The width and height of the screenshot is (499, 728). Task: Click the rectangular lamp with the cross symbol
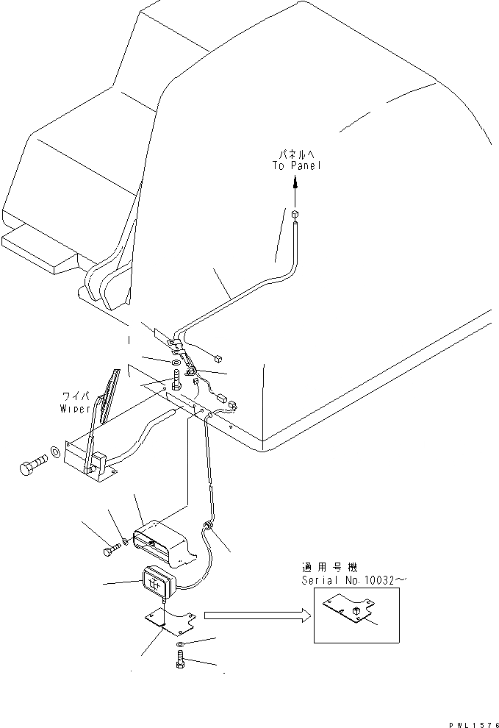pos(157,583)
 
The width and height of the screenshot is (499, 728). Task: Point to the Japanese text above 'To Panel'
pos(296,154)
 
